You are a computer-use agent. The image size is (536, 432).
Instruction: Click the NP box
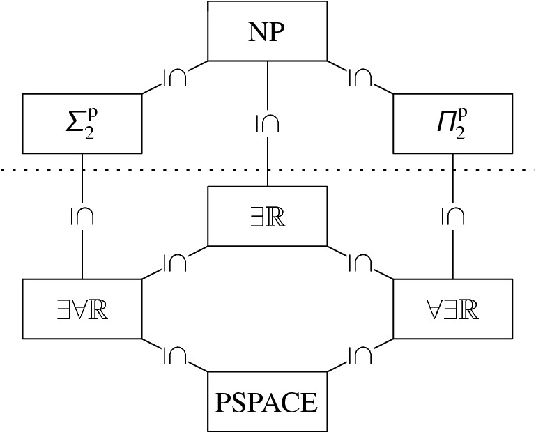pyautogui.click(x=268, y=31)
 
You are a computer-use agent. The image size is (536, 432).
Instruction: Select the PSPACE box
pyautogui.click(x=268, y=401)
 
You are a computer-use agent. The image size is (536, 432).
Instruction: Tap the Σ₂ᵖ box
pyautogui.click(x=82, y=123)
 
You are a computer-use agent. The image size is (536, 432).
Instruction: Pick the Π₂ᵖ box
pyautogui.click(x=453, y=123)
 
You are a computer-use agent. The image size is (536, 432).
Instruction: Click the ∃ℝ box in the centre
pyautogui.click(x=268, y=216)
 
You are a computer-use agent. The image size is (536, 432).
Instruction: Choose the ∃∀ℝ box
pyautogui.click(x=82, y=309)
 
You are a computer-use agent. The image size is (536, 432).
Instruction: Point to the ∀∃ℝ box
pyautogui.click(x=453, y=309)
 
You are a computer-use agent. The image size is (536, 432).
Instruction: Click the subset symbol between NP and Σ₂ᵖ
pyautogui.click(x=174, y=77)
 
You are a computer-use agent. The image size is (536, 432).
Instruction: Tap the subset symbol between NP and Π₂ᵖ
pyautogui.click(x=360, y=77)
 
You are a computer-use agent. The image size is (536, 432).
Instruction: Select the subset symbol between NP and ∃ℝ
pyautogui.click(x=268, y=123)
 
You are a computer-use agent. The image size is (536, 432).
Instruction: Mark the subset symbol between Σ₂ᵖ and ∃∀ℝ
pyautogui.click(x=82, y=216)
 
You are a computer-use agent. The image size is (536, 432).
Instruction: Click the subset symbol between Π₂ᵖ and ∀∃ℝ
pyautogui.click(x=454, y=216)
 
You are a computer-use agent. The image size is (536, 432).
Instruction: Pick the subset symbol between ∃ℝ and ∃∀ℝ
pyautogui.click(x=174, y=263)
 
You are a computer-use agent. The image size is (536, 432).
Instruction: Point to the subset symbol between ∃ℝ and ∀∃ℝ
pyautogui.click(x=360, y=263)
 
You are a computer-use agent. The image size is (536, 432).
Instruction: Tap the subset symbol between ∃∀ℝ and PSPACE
pyautogui.click(x=174, y=355)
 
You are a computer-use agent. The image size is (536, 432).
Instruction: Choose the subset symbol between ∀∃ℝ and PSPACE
pyautogui.click(x=360, y=355)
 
